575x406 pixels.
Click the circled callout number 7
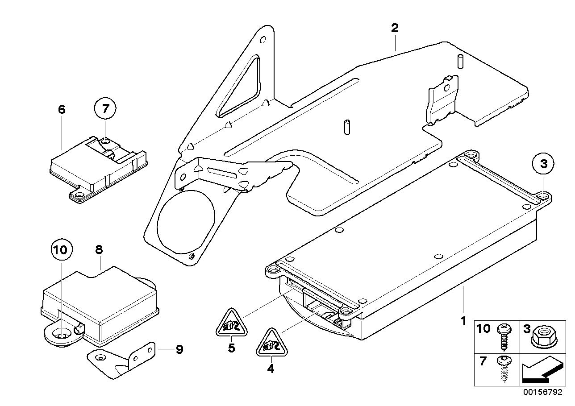(105, 108)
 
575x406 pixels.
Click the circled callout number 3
(543, 164)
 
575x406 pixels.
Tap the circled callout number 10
(61, 250)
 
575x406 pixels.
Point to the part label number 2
(394, 28)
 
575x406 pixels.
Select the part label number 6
(62, 109)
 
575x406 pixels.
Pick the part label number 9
(179, 349)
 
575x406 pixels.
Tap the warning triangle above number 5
(231, 323)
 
